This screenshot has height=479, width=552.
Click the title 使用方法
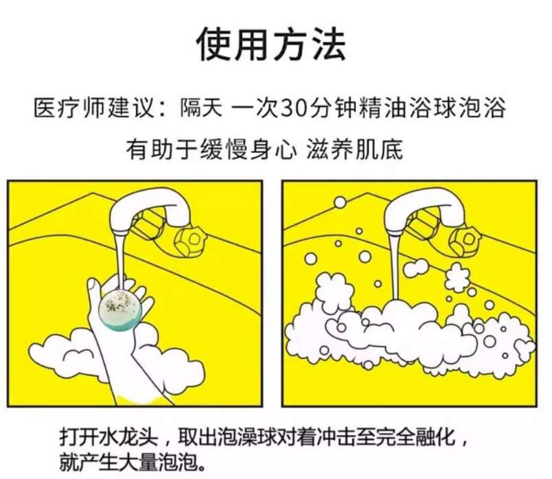point(271,45)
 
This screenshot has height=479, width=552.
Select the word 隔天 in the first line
point(201,108)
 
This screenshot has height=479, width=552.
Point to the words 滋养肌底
point(355,150)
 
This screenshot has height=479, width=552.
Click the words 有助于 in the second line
point(162,150)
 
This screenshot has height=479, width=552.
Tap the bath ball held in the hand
point(120,310)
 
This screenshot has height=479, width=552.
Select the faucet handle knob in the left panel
point(190,240)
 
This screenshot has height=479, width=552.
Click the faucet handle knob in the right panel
point(465,240)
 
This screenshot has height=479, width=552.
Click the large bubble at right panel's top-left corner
point(340,202)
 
